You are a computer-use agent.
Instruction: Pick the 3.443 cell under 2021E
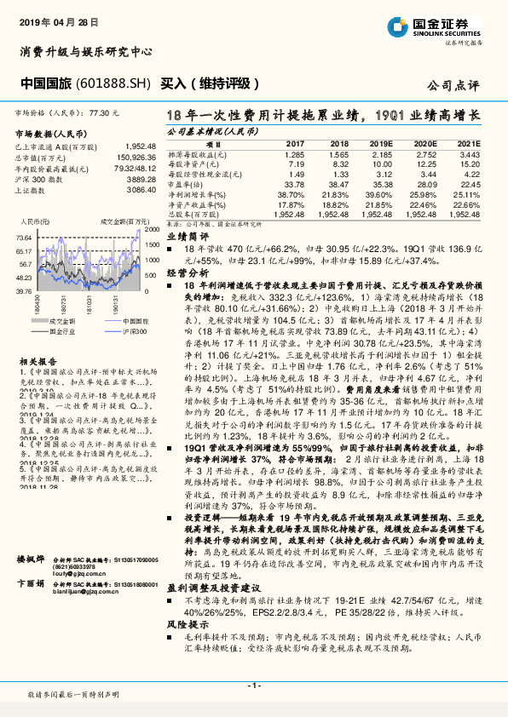pos(470,154)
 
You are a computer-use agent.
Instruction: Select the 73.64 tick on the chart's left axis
pos(23,237)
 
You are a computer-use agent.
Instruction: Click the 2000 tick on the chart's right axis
pos(151,230)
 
